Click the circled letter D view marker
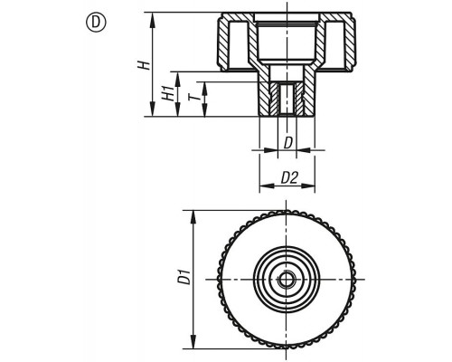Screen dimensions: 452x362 coord(96,23)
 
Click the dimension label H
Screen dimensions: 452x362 coord(144,65)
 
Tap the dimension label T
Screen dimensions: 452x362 coord(193,97)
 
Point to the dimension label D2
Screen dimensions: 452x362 coord(289,178)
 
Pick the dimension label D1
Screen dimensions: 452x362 coord(184,277)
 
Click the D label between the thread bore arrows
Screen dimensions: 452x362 coord(288,143)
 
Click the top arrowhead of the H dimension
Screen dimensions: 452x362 coord(153,19)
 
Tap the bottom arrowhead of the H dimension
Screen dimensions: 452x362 coord(153,110)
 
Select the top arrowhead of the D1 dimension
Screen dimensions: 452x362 coord(193,217)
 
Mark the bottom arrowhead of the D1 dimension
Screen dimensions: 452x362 coord(193,342)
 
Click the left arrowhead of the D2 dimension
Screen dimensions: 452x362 coord(267,186)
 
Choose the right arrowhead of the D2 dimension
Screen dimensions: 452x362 coord(308,186)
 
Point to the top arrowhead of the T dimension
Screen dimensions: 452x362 coord(204,89)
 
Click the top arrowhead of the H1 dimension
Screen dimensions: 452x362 coord(178,79)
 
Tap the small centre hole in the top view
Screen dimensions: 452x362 coord(285,280)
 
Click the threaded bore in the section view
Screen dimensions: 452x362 coord(287,100)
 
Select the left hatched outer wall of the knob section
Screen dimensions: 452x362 coord(223,43)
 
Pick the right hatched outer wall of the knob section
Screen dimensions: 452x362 coord(350,43)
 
